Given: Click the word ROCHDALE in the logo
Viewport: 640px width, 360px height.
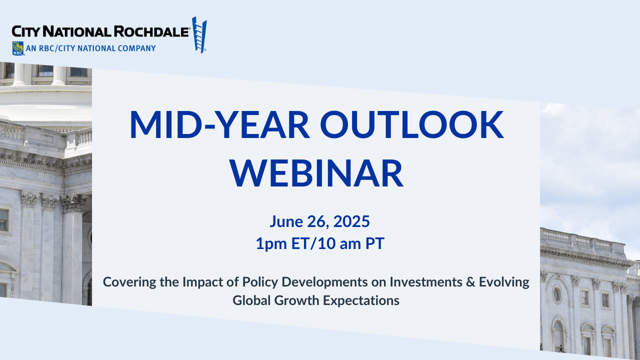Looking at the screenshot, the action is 151,31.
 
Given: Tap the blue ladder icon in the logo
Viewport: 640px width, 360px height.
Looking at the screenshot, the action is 199,34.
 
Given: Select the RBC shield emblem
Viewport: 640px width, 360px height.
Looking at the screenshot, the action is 18,48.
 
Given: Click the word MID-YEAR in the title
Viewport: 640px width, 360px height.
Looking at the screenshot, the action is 219,124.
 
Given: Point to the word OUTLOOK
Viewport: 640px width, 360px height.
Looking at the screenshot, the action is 411,124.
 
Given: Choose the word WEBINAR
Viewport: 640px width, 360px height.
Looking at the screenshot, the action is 316,173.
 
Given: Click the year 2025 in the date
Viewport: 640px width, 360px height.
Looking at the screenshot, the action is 351,221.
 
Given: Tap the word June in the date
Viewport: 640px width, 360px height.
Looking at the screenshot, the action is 286,221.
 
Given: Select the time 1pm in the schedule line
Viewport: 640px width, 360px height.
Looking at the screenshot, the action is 271,243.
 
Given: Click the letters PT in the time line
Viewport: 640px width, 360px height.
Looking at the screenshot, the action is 375,243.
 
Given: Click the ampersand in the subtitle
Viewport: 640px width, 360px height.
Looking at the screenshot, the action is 470,282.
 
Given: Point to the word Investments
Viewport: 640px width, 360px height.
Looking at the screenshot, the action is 426,282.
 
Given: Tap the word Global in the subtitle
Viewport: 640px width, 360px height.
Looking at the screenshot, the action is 251,300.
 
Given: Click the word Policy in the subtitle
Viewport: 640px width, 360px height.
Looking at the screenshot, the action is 260,282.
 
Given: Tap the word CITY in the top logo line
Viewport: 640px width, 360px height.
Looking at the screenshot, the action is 25,31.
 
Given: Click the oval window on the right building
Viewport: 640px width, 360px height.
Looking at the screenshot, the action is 557,294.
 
